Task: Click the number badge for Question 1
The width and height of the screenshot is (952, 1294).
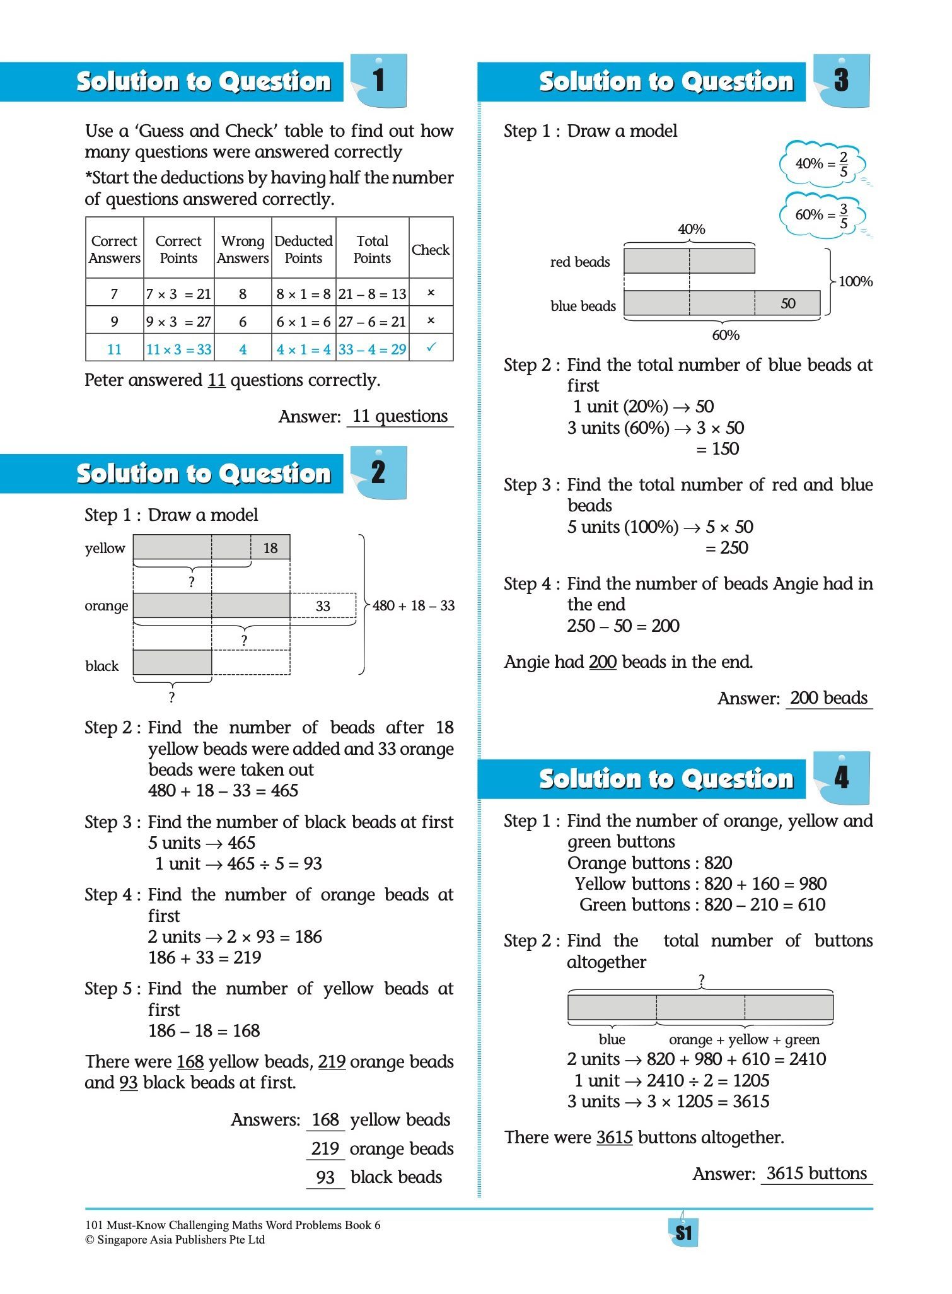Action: (378, 81)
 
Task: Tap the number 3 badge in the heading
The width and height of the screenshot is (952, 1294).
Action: (842, 81)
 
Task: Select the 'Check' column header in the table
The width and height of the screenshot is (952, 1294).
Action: (431, 250)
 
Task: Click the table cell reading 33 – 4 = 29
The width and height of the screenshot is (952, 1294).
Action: (372, 349)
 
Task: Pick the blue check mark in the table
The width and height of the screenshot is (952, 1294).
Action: (431, 347)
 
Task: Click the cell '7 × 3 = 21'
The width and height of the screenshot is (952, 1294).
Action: (178, 294)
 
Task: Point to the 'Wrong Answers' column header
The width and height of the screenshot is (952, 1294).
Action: (243, 250)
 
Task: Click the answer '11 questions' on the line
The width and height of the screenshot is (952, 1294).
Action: (400, 416)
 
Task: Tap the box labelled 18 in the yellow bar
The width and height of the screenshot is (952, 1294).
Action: (270, 548)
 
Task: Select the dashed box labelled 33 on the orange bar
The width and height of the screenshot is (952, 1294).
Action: (323, 606)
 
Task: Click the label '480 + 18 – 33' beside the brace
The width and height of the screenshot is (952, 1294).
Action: (413, 606)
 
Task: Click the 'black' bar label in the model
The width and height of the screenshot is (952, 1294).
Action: (102, 667)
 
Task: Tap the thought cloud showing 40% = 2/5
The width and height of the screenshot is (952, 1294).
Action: (821, 164)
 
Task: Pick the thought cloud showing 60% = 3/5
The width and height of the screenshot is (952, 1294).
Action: (821, 215)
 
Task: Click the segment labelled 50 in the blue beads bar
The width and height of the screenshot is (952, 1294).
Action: (787, 303)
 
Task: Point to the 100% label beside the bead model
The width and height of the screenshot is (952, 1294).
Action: (856, 281)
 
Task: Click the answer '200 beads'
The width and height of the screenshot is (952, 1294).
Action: (828, 698)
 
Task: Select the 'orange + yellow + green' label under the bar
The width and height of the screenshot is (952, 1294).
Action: (744, 1039)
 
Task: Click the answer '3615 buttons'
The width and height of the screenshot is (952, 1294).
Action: (816, 1174)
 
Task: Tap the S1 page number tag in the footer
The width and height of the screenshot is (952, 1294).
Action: (683, 1233)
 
